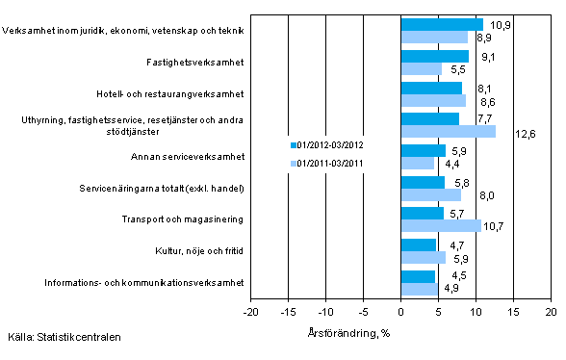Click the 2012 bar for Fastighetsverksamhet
click(x=435, y=56)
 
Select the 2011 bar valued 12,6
click(x=449, y=131)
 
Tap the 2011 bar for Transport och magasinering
click(x=441, y=225)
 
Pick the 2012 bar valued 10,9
click(x=442, y=24)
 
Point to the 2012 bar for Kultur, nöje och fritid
click(x=419, y=244)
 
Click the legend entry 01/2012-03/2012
click(x=326, y=144)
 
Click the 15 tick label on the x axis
click(x=513, y=313)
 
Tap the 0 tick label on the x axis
click(x=400, y=313)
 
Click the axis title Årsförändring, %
click(x=400, y=332)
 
